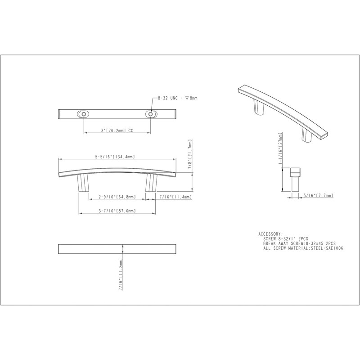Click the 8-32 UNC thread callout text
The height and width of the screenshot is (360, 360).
coord(177,98)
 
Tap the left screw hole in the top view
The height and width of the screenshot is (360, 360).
coord(84,114)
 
